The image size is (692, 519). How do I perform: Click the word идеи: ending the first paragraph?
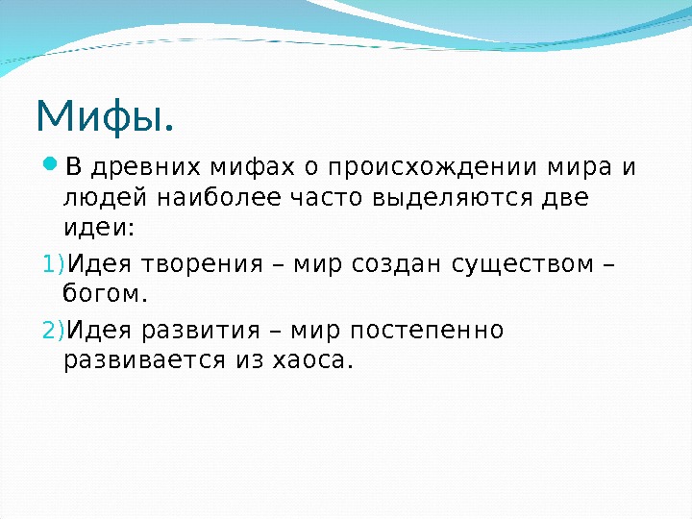tap(100, 230)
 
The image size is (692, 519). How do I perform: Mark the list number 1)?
tap(54, 263)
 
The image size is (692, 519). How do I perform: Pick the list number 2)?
tap(54, 330)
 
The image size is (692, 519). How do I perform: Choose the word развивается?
tap(140, 360)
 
